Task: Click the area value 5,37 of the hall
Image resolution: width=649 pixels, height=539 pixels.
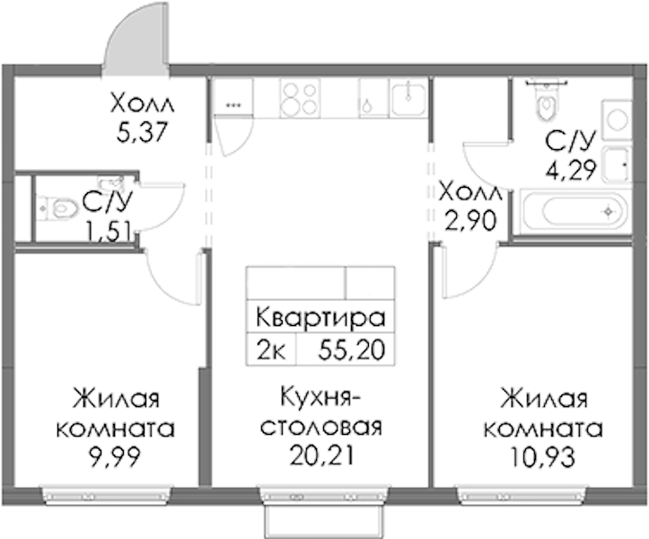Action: point(142,132)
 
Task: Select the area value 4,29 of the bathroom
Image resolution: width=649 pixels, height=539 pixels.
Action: point(572,170)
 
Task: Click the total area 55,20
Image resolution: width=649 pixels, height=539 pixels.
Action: point(352,350)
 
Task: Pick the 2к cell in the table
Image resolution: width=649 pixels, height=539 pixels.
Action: point(271,350)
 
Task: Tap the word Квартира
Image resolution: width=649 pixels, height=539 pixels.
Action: point(320,318)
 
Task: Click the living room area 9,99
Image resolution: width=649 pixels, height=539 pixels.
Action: point(115,457)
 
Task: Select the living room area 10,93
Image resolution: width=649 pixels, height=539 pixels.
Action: point(543,457)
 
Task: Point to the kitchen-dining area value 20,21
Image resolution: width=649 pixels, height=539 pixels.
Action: point(321,455)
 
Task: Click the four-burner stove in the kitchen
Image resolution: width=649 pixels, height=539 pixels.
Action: point(300,98)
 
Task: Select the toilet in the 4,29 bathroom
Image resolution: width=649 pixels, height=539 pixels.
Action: point(546,100)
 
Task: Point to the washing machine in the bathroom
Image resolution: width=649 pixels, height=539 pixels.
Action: point(618,119)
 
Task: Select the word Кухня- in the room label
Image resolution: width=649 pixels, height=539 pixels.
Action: point(320,398)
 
